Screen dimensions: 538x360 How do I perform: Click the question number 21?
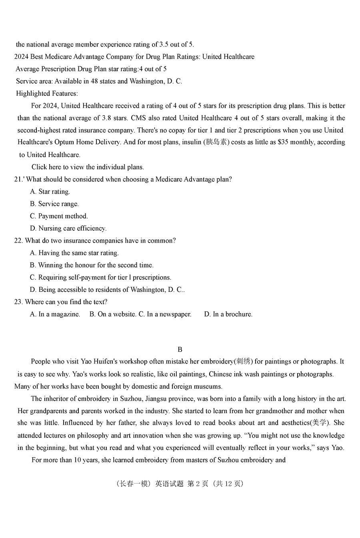(x=18, y=179)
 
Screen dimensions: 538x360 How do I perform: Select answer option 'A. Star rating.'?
(x=50, y=192)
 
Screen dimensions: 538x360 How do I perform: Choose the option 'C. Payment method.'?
(x=59, y=216)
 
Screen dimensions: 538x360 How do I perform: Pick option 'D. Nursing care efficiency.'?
(x=68, y=229)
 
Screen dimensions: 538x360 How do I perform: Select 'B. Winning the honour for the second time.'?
(x=92, y=265)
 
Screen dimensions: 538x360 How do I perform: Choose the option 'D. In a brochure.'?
(x=228, y=314)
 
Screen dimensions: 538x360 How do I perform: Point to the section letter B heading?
(x=180, y=349)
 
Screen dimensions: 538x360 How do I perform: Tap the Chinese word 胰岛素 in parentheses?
(x=216, y=142)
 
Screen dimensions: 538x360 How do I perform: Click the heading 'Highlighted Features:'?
(x=47, y=94)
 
